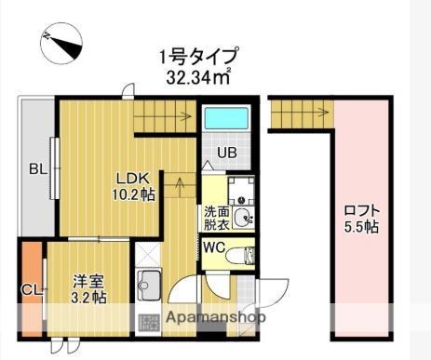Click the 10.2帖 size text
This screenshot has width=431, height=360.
[x=135, y=195]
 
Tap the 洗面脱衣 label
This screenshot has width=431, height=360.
[x=214, y=218]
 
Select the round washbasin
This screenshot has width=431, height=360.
[x=243, y=219]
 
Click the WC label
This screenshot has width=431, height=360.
[x=212, y=248]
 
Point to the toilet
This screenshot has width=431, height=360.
[x=240, y=254]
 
